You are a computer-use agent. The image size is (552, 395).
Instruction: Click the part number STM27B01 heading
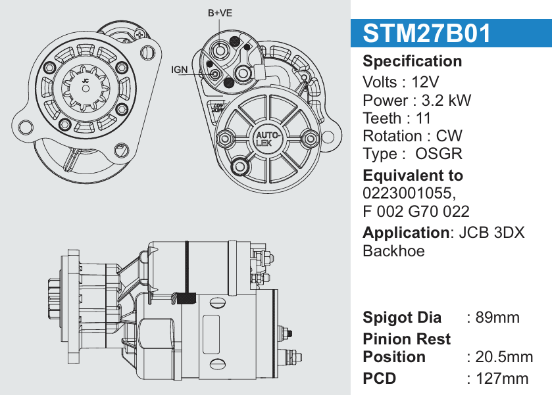[427, 34]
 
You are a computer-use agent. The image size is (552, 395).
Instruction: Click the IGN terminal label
[180, 69]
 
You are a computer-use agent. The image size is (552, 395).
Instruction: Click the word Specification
[413, 62]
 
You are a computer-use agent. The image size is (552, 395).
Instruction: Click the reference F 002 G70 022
[416, 211]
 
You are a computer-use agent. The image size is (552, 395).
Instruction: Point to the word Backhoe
[393, 250]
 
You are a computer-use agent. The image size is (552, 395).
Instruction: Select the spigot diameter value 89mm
[497, 317]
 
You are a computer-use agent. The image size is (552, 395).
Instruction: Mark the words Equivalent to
[413, 175]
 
